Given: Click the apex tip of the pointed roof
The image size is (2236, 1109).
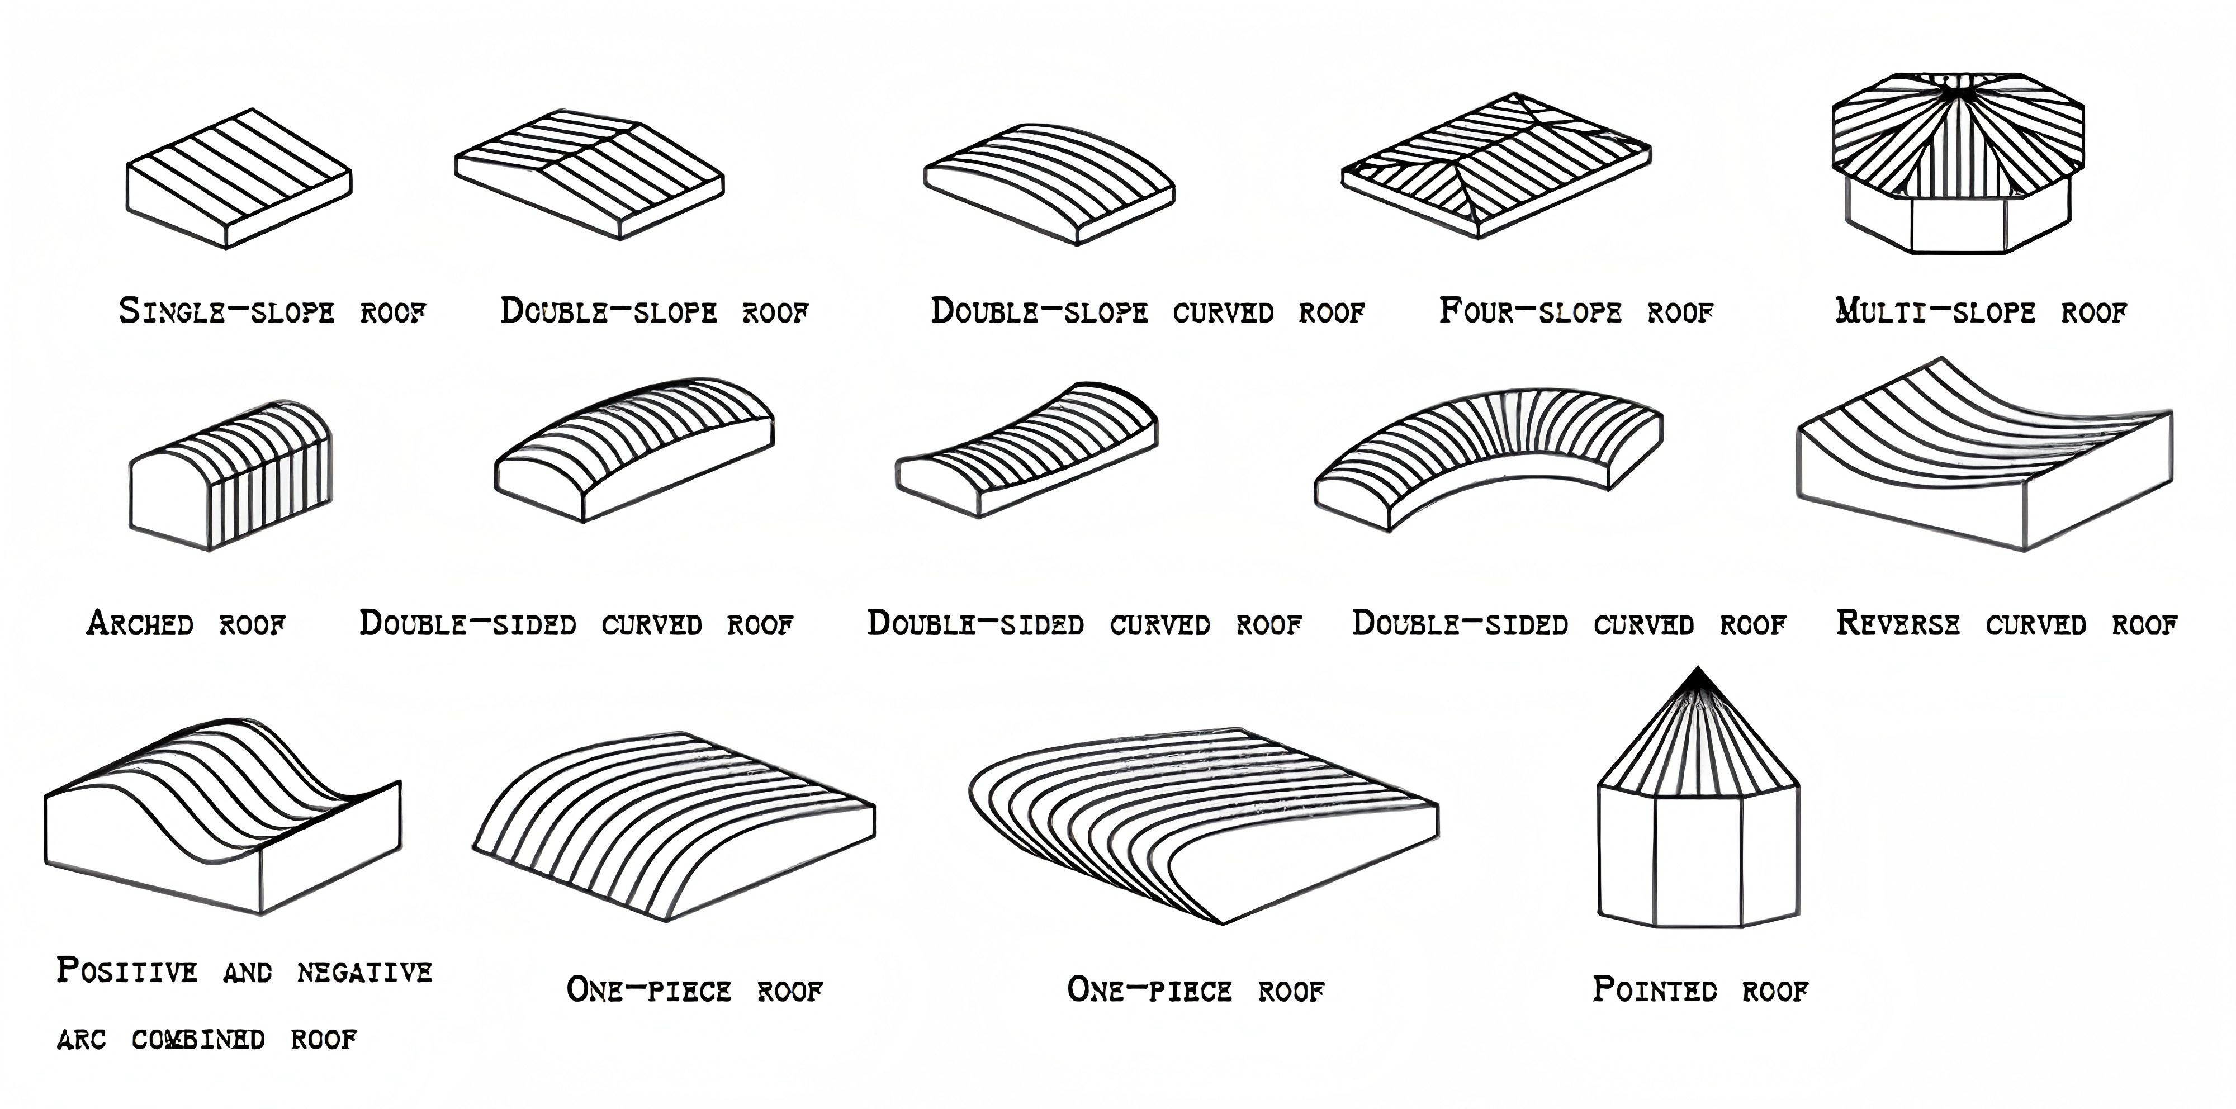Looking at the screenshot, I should coord(1698,670).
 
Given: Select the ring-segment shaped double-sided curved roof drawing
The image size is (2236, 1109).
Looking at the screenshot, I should coord(1489,456).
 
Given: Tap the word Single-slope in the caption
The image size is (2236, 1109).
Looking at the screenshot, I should coord(226,311).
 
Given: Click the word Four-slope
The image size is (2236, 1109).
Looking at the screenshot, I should coord(1529,311).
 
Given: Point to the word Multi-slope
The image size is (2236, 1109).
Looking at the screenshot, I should coord(1935,311).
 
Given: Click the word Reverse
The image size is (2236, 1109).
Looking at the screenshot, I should coord(1897,623).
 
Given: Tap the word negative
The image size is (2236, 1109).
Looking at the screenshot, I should coord(364,972).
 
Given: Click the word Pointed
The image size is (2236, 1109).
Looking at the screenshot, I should coord(1655,989).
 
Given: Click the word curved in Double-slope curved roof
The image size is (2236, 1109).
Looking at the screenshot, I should coord(1223,311).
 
